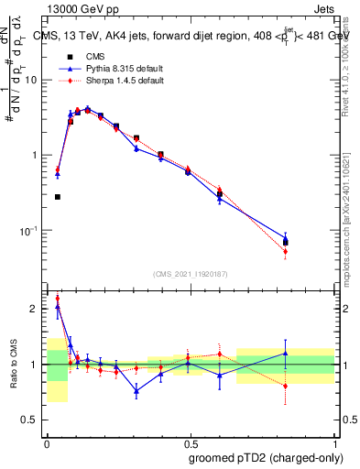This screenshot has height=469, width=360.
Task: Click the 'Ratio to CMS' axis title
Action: click(12, 365)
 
